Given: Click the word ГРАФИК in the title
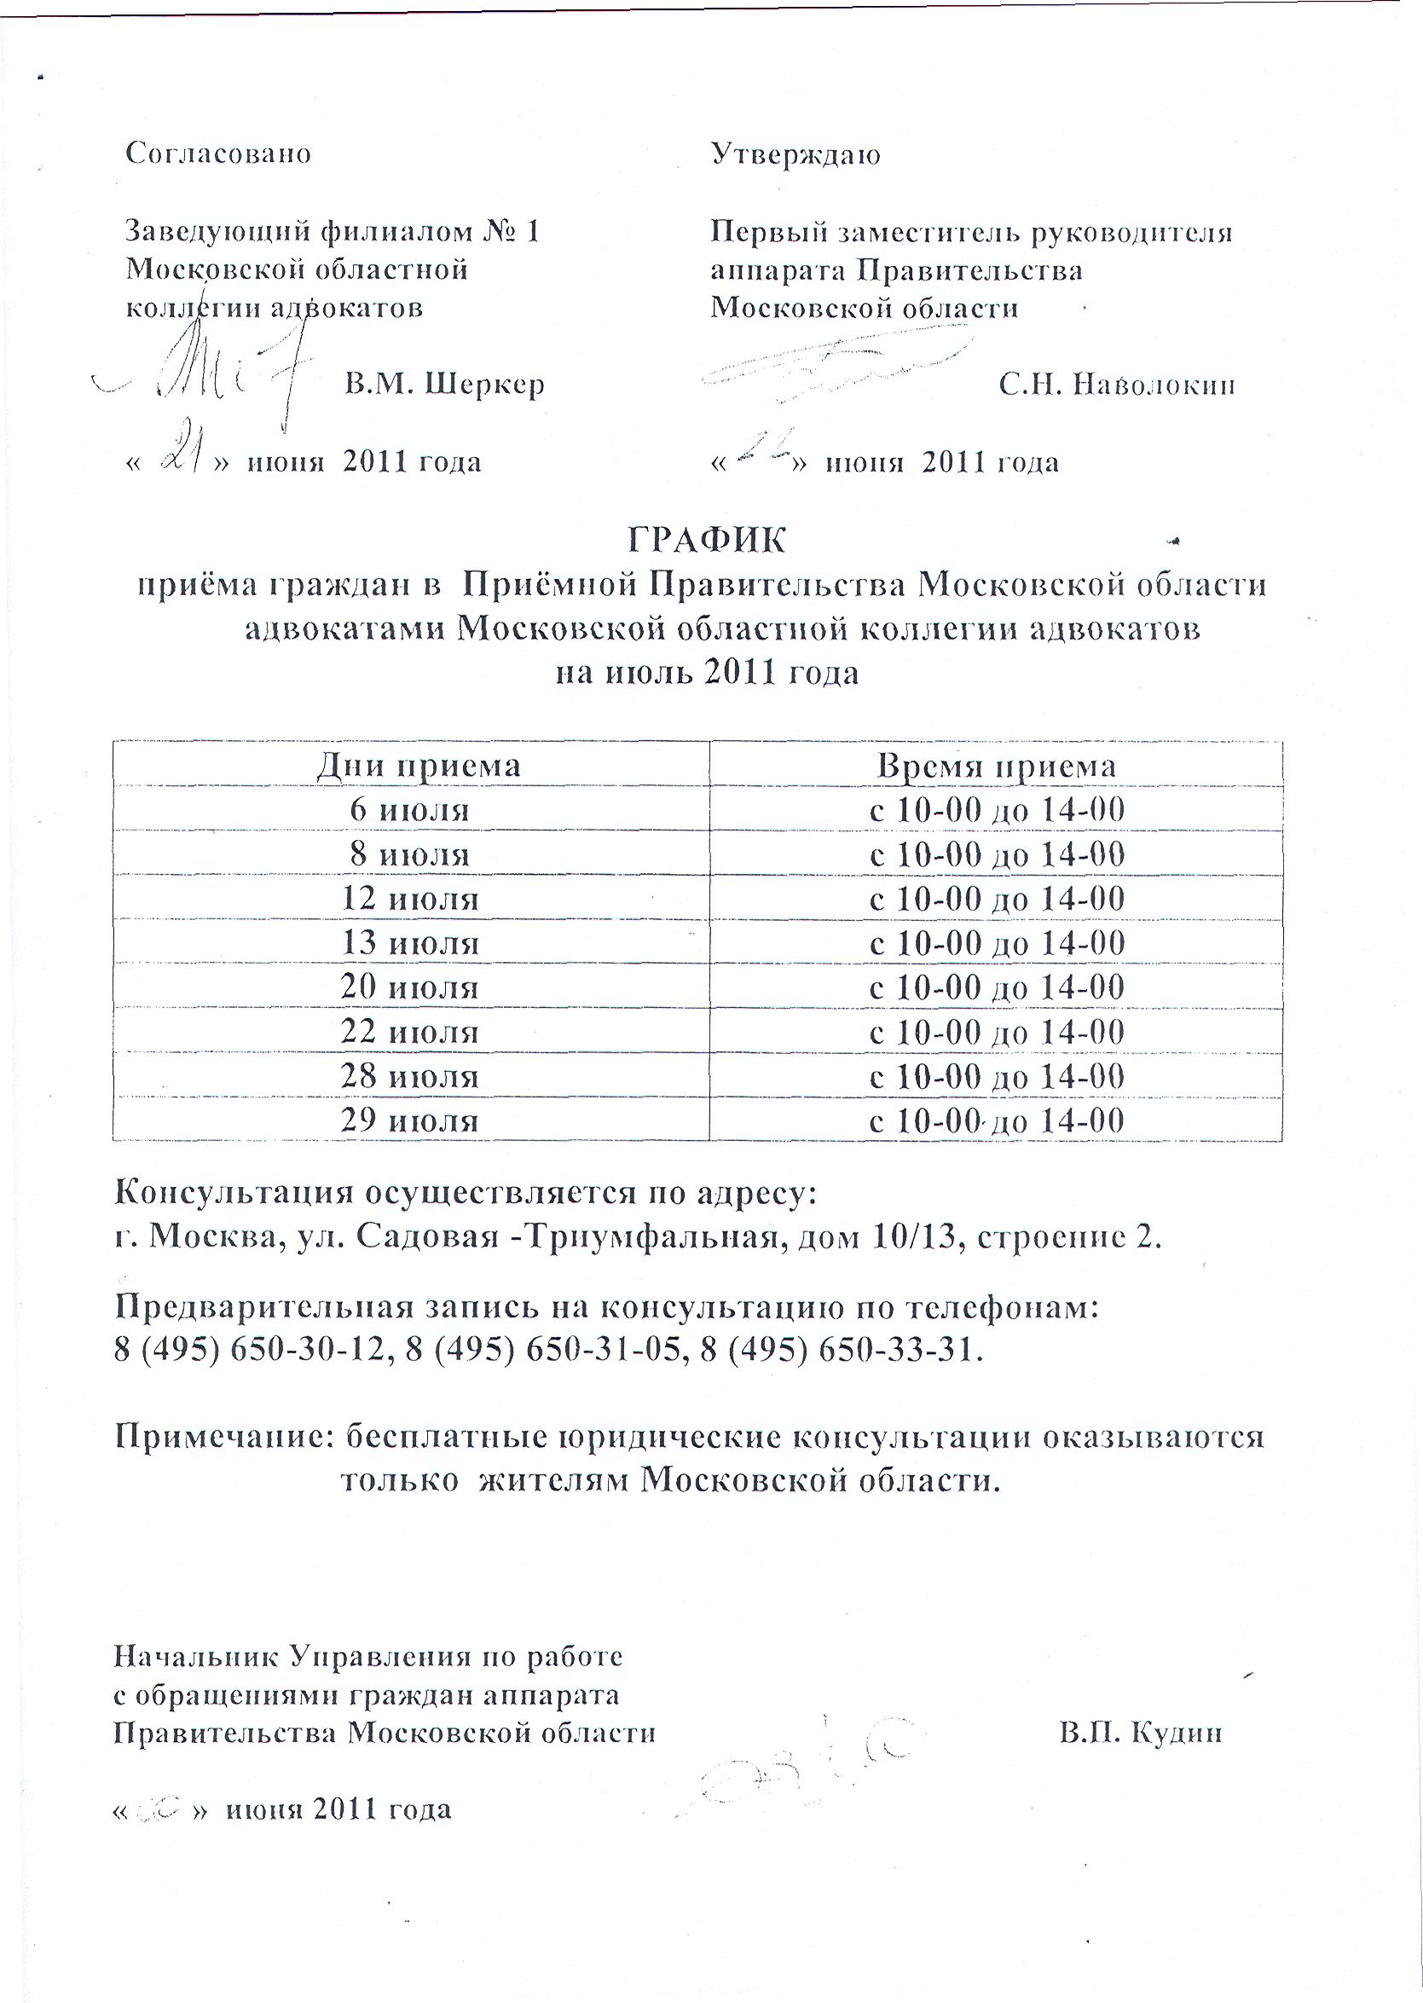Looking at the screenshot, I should pyautogui.click(x=706, y=541).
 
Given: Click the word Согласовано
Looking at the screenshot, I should pyautogui.click(x=218, y=153).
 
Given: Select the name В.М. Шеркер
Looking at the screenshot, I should pyautogui.click(x=444, y=384).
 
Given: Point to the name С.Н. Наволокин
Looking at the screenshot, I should pyautogui.click(x=1117, y=385).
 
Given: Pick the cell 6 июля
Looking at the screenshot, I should pyautogui.click(x=409, y=809).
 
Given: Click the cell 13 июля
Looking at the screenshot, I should pyautogui.click(x=409, y=944).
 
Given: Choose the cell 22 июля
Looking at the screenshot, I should pyautogui.click(x=409, y=1032).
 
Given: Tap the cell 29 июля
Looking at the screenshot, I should pyautogui.click(x=409, y=1120).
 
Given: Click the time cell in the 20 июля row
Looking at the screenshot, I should pyautogui.click(x=997, y=987).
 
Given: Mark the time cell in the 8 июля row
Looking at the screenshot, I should pyautogui.click(x=997, y=854).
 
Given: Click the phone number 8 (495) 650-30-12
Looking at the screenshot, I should pyautogui.click(x=249, y=1350).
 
